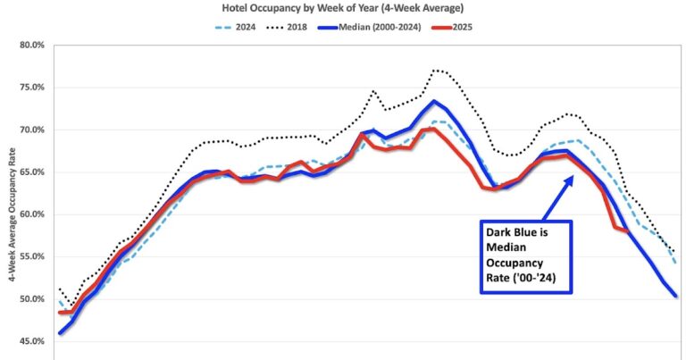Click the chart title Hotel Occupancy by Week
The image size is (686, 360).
click(343, 7)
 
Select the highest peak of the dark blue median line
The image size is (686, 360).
click(434, 101)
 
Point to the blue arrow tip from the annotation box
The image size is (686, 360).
click(573, 176)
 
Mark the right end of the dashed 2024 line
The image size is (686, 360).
click(674, 264)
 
